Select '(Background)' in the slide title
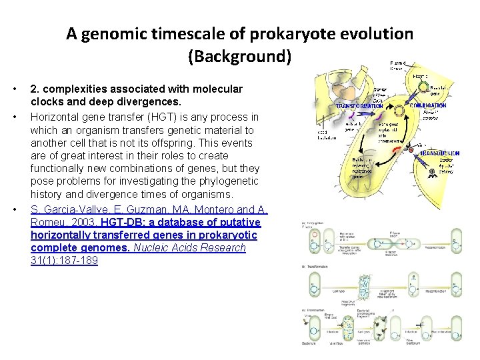(240, 56)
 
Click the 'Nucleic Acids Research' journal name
(190, 247)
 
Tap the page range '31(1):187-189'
(64, 261)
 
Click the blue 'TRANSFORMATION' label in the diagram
(359, 105)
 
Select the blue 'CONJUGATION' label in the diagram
(428, 105)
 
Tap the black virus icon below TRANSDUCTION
(432, 173)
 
